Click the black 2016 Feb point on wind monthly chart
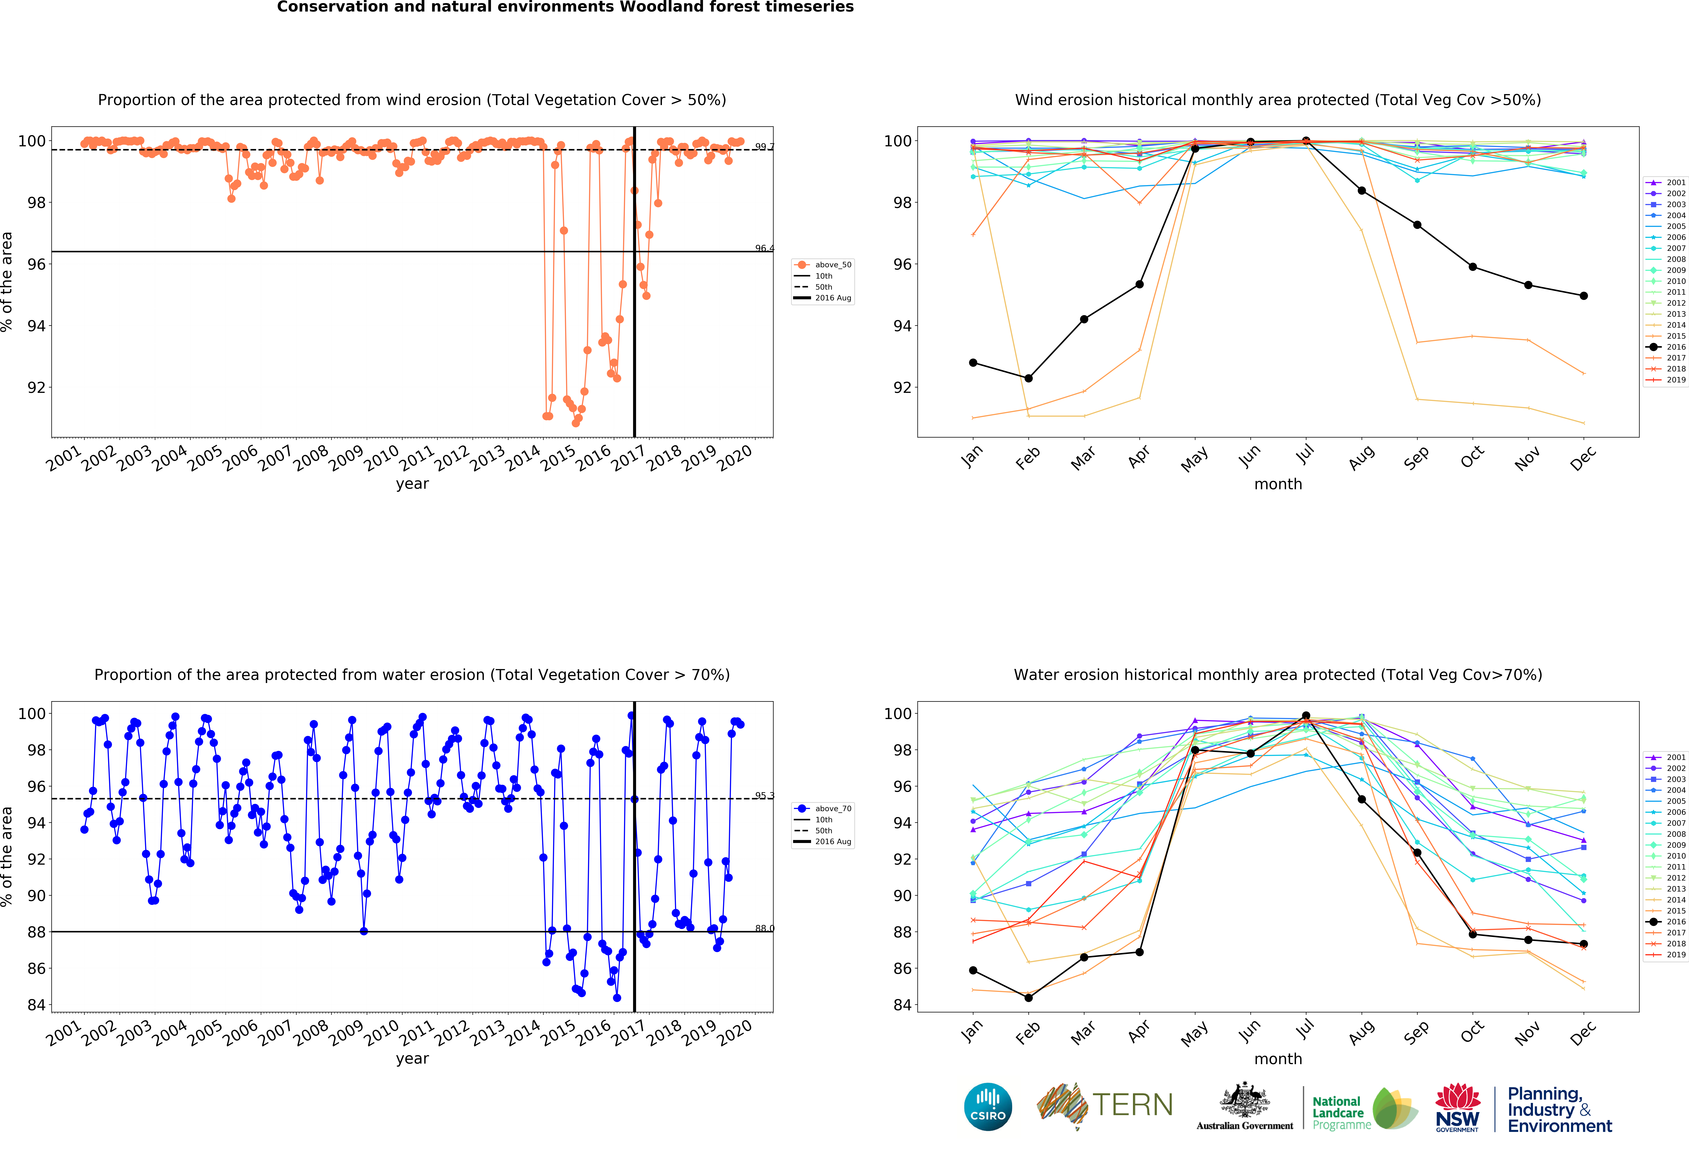[1028, 378]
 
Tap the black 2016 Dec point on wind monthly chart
[1584, 296]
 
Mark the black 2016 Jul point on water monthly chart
[1306, 716]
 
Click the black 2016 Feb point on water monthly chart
[1028, 998]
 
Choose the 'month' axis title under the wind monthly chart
[1278, 484]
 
